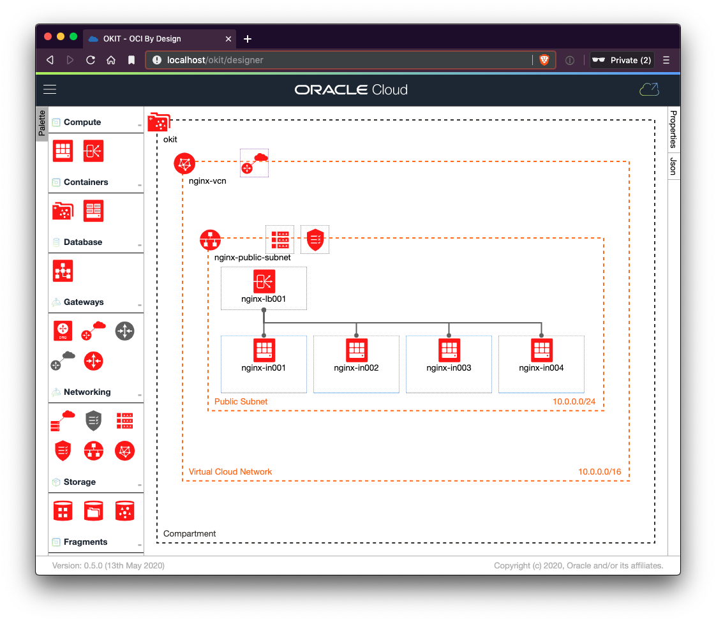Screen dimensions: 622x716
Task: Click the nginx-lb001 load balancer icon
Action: click(x=264, y=281)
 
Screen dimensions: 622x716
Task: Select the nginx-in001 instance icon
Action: click(x=264, y=350)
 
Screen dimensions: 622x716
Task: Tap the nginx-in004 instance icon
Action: click(x=541, y=350)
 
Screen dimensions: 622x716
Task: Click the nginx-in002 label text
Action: click(x=356, y=368)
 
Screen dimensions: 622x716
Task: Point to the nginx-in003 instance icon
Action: click(x=449, y=350)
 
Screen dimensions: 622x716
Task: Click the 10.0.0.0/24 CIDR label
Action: click(x=574, y=402)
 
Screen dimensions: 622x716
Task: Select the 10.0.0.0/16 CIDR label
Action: click(x=599, y=472)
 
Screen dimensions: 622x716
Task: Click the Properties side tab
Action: click(x=673, y=129)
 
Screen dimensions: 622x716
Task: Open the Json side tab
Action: click(x=673, y=166)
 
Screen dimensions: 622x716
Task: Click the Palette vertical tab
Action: click(x=41, y=123)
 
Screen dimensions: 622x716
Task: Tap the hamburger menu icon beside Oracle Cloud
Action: click(x=50, y=90)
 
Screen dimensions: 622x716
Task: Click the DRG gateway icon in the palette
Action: click(x=63, y=330)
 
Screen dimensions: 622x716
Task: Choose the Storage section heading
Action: click(x=80, y=482)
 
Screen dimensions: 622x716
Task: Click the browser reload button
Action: click(x=91, y=60)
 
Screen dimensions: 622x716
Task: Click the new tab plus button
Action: click(x=248, y=39)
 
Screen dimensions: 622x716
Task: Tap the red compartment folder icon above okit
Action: click(x=159, y=122)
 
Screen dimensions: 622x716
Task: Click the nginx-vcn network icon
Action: click(x=184, y=164)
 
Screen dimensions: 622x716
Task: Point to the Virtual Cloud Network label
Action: click(x=230, y=472)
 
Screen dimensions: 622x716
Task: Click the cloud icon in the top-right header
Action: click(x=649, y=90)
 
